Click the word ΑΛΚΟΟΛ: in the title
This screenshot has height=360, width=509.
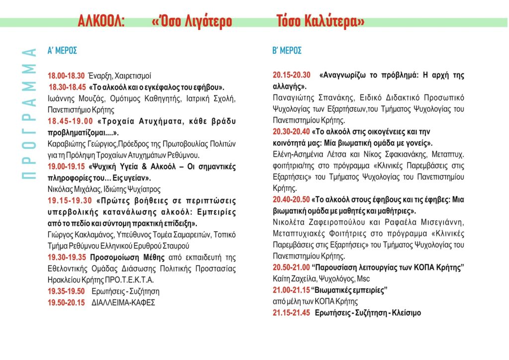click(101, 22)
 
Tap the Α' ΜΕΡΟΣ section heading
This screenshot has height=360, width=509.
click(62, 51)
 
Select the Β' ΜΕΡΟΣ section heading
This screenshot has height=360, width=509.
click(287, 51)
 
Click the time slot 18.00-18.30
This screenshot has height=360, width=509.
click(66, 76)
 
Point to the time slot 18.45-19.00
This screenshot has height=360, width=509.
click(70, 121)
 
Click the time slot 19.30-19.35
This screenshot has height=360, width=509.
click(67, 257)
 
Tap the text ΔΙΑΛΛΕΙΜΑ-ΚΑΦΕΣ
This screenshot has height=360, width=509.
click(123, 302)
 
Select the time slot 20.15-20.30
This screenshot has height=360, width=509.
click(291, 76)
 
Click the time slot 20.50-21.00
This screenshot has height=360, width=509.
click(291, 268)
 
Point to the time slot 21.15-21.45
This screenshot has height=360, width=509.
click(291, 313)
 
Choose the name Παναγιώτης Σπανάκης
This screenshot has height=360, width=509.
click(305, 98)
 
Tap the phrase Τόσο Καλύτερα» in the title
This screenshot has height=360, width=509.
click(321, 22)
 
